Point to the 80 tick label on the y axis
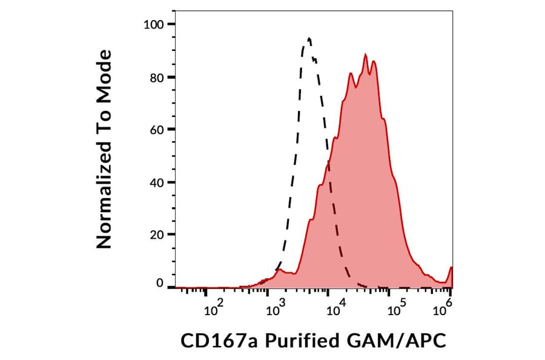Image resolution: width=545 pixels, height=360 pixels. (x=157, y=77)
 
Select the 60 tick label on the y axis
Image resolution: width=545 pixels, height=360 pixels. (x=157, y=129)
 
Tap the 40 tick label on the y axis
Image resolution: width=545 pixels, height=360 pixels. (x=157, y=182)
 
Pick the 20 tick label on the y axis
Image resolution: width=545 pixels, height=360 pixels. (x=157, y=234)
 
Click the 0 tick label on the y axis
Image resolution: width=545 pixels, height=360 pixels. (x=160, y=283)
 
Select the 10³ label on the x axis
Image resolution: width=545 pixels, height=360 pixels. (x=276, y=310)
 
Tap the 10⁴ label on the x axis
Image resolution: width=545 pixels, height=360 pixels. (x=334, y=310)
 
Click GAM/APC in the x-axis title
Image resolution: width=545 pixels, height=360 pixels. (x=396, y=341)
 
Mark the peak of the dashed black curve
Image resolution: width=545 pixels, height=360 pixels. (x=309, y=39)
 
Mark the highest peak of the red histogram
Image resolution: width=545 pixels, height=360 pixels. (x=365, y=55)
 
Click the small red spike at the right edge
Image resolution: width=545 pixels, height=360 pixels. (x=451, y=268)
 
